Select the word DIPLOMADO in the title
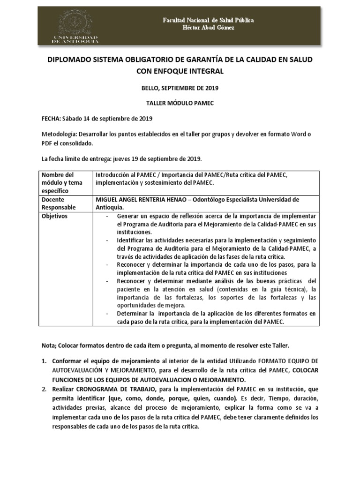coord(71,61)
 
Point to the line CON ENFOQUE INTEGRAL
coord(180,72)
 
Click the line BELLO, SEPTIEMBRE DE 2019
coord(180,88)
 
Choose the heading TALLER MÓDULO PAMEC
coord(180,104)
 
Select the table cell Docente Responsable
coord(59,203)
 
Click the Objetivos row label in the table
coord(55,216)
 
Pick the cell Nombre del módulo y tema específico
coord(61,183)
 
